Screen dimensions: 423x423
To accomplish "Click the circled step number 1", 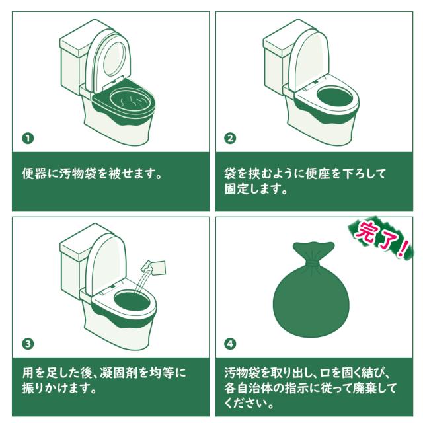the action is [28, 139].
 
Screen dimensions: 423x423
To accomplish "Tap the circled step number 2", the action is [230, 139].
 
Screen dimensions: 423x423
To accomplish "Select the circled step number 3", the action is [28, 344].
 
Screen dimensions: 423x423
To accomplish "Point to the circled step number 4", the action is [230, 344].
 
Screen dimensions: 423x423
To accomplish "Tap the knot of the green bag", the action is [313, 262].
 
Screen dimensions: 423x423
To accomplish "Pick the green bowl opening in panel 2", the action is [335, 96].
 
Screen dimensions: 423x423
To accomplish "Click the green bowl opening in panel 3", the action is [132, 300].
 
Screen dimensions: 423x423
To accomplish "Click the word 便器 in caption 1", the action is [34, 173].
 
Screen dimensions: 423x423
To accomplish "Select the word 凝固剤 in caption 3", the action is [118, 373].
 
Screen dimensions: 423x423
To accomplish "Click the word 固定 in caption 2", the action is [237, 189].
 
